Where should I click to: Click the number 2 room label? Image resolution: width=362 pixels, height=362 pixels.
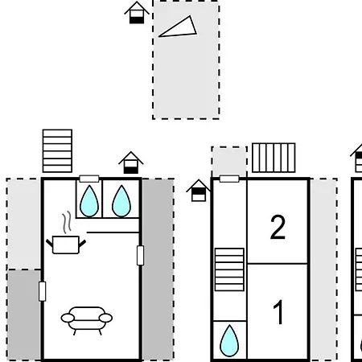(278, 227)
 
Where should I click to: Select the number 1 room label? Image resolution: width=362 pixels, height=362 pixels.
(278, 312)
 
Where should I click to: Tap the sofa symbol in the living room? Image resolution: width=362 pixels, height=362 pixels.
(87, 320)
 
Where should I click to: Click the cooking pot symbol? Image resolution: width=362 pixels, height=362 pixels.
(66, 245)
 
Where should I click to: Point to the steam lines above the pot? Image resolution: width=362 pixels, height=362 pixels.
(67, 222)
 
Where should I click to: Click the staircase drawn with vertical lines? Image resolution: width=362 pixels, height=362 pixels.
(274, 158)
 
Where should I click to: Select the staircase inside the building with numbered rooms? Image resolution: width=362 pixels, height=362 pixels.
(229, 269)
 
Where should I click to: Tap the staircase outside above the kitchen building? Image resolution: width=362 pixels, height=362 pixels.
(57, 151)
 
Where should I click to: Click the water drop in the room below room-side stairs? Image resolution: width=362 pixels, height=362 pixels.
(229, 341)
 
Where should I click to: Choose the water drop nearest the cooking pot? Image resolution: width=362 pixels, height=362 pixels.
(89, 201)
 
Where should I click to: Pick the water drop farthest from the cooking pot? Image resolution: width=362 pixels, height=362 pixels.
(229, 341)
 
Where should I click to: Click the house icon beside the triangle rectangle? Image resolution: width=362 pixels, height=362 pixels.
(137, 13)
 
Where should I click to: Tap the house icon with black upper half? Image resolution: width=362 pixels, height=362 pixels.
(199, 191)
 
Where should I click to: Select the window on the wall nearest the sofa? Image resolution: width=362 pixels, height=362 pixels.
(42, 291)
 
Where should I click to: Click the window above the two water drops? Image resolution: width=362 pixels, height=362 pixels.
(89, 179)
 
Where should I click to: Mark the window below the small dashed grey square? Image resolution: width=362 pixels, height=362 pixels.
(229, 179)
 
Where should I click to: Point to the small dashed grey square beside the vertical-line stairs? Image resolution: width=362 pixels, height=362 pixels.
(229, 162)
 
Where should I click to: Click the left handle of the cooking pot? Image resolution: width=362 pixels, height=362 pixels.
(50, 243)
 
